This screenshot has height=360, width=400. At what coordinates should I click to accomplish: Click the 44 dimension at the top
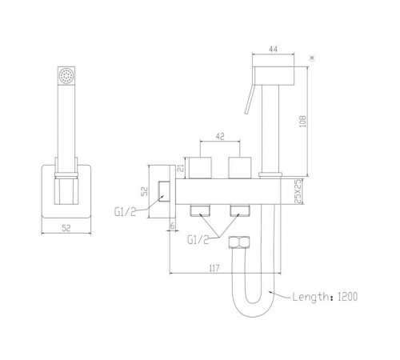(x=274, y=50)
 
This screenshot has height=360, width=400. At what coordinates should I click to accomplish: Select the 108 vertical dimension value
(x=303, y=121)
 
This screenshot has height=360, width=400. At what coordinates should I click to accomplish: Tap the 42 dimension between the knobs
(x=220, y=136)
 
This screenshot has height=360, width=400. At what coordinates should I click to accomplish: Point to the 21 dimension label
(x=181, y=168)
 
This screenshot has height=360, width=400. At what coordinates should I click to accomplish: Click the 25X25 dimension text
(x=298, y=191)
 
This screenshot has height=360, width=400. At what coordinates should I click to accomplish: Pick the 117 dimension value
(x=214, y=268)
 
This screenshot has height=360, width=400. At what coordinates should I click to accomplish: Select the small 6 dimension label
(x=173, y=226)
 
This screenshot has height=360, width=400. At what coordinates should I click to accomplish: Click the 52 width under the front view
(x=66, y=228)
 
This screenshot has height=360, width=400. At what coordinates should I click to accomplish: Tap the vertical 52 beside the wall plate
(x=144, y=191)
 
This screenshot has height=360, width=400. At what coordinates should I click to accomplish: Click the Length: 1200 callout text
(x=325, y=297)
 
